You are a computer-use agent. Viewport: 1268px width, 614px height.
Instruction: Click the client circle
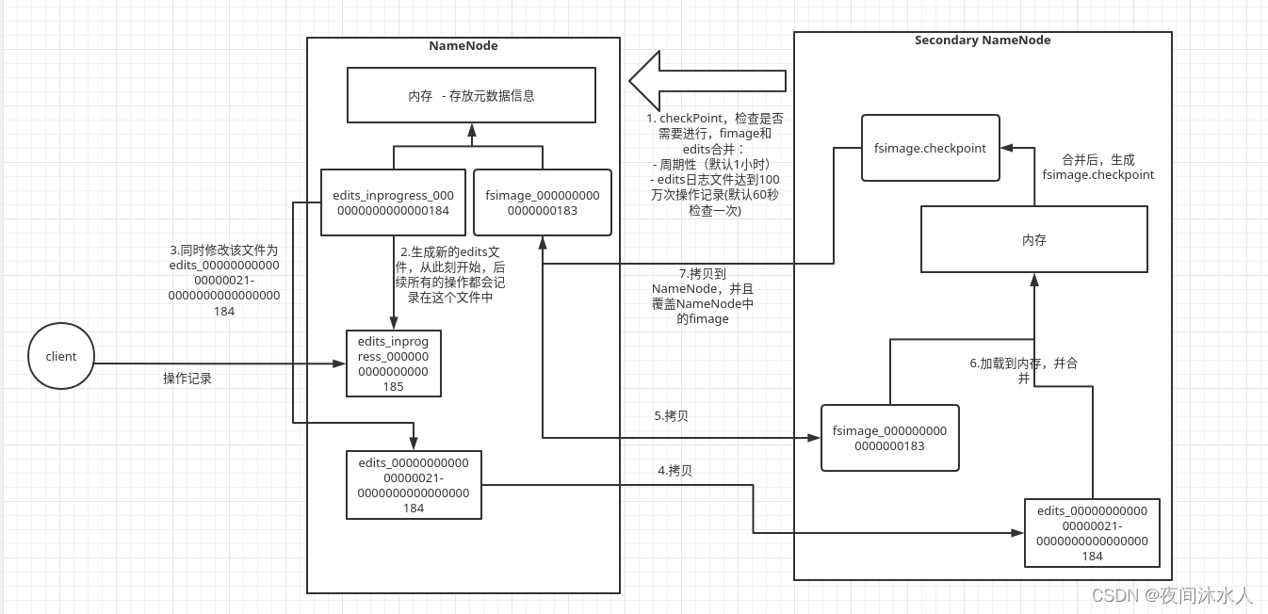click(61, 356)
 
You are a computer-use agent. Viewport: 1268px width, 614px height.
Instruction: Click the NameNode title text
click(463, 45)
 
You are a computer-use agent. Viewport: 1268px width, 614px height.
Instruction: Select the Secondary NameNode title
click(983, 40)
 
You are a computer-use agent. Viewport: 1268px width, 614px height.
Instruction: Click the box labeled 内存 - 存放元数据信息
click(471, 95)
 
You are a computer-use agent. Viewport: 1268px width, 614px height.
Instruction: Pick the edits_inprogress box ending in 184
click(393, 202)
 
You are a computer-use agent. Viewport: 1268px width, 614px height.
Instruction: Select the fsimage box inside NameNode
click(542, 202)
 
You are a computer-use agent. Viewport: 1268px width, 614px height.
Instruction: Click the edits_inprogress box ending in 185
click(393, 364)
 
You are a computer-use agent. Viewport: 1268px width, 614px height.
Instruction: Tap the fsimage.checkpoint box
click(931, 148)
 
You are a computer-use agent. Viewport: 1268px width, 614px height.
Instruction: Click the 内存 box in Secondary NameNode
click(1033, 239)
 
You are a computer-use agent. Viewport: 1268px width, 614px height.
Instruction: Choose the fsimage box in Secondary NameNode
click(889, 438)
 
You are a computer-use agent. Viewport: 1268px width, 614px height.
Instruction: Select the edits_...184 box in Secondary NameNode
click(1092, 533)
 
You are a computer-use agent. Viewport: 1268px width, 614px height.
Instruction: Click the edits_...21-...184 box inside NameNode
click(414, 485)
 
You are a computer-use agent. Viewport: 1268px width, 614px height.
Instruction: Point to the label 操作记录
click(187, 378)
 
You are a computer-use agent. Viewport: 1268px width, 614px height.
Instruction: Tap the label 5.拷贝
click(671, 415)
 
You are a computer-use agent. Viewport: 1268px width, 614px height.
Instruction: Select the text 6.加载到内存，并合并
click(1024, 370)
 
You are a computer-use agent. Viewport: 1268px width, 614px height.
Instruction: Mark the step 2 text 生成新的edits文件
click(453, 274)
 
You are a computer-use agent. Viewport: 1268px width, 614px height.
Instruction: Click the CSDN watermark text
click(1172, 595)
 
